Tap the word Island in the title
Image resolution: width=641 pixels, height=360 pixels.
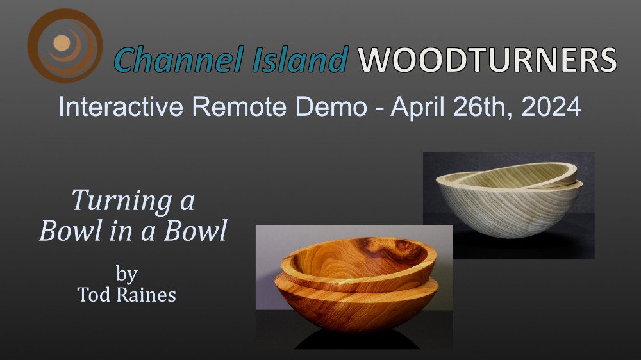pyautogui.click(x=300, y=60)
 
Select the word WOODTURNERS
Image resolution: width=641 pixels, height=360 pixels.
pyautogui.click(x=487, y=60)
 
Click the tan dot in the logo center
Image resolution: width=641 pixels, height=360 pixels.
pyautogui.click(x=62, y=43)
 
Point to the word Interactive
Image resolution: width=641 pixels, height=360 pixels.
pyautogui.click(x=121, y=106)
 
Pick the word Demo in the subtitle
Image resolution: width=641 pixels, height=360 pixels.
pyautogui.click(x=331, y=108)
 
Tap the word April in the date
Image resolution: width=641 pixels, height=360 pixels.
pyautogui.click(x=417, y=108)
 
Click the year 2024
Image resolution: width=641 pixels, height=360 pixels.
pyautogui.click(x=551, y=107)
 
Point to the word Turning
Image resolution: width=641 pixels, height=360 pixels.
pyautogui.click(x=122, y=201)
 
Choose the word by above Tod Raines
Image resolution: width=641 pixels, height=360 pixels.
pyautogui.click(x=126, y=274)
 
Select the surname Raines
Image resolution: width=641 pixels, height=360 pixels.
pyautogui.click(x=146, y=295)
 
